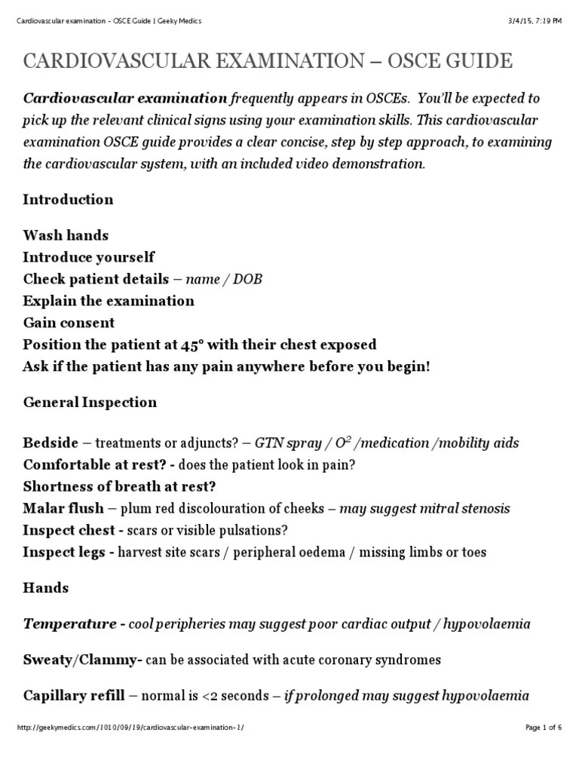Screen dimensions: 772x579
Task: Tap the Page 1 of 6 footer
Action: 543,748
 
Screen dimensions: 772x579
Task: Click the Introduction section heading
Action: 68,200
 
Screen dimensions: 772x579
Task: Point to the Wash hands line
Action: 66,236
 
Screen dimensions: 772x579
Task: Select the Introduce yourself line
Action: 88,258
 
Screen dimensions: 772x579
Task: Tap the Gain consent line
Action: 69,323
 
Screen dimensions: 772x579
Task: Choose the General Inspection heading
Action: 90,403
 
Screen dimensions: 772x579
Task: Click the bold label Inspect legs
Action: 64,553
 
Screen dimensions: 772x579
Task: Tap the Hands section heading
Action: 45,588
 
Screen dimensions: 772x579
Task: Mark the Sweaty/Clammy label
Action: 81,660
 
